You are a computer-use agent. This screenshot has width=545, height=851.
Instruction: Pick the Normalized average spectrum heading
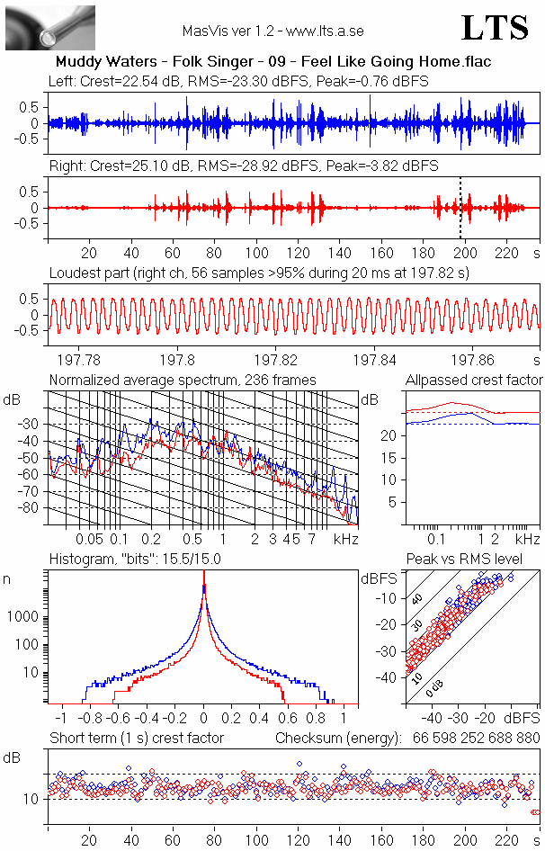pyautogui.click(x=183, y=380)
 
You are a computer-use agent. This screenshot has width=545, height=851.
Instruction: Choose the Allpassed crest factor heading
pyautogui.click(x=474, y=380)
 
